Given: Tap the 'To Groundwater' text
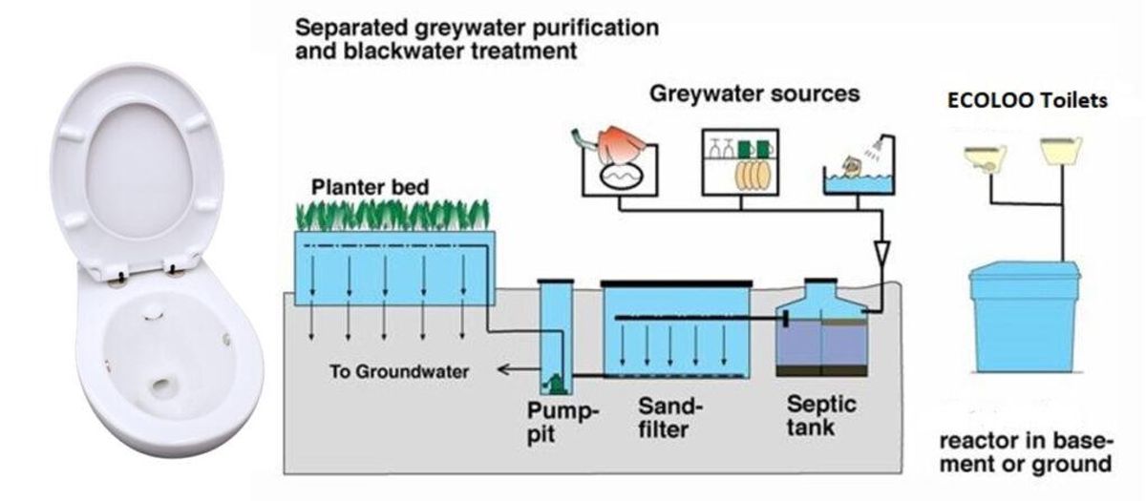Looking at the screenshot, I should [399, 371].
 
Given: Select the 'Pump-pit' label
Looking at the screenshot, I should [563, 421].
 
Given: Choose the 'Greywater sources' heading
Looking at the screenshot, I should [754, 94].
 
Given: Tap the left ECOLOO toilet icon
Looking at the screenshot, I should [983, 157].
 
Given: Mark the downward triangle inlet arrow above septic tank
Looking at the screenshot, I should [883, 255].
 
